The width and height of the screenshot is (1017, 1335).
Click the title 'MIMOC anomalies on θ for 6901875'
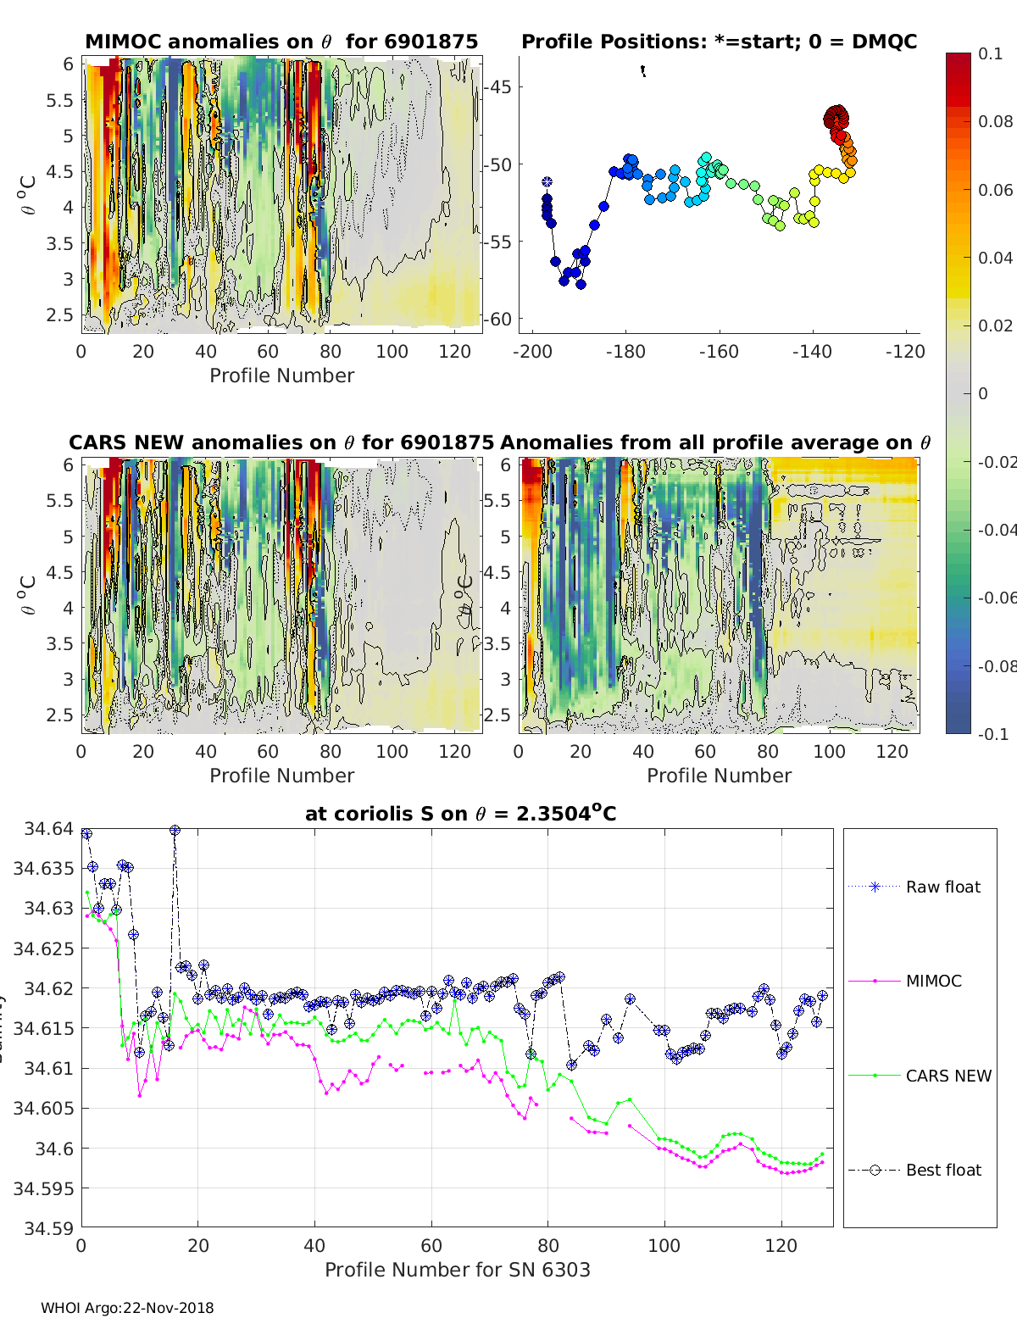281,42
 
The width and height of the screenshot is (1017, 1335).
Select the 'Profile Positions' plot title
719,42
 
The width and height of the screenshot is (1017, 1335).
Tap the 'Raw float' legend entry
942,887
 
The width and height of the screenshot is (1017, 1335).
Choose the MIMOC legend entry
933,981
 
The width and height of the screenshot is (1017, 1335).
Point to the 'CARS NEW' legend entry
948,1076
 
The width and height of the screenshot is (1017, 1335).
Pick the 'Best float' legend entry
942,1170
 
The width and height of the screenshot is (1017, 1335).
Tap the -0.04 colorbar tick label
997,530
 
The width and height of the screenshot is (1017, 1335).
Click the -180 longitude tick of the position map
625,352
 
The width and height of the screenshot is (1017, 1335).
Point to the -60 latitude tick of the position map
498,319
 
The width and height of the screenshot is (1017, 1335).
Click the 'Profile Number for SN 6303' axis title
457,1270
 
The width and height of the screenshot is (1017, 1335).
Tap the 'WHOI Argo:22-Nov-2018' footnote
127,1308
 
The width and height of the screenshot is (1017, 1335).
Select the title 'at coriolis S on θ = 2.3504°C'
460,814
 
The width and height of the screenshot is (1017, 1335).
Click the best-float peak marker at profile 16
175,831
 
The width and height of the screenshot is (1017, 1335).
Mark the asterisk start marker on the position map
547,181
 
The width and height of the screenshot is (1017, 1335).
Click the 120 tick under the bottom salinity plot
781,1245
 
